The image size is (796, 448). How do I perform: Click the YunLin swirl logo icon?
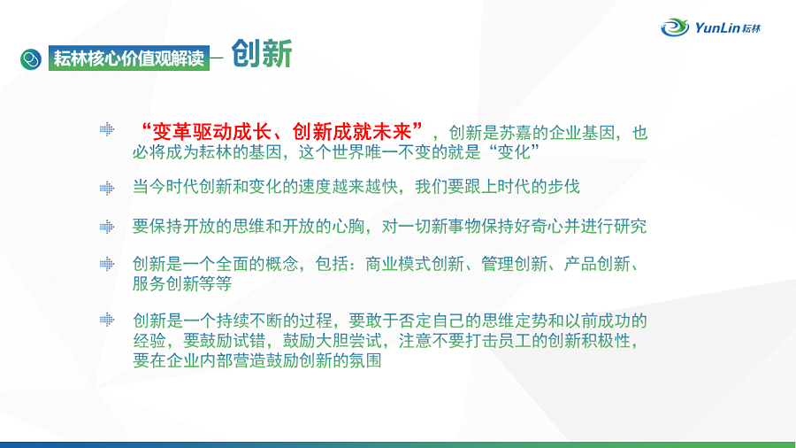click(675, 27)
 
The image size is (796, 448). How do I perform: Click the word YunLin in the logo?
click(716, 27)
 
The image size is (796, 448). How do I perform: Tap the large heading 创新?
click(262, 53)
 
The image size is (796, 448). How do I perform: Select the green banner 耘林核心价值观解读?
click(129, 58)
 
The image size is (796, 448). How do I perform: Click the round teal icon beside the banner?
click(31, 59)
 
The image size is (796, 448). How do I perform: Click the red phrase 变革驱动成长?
click(211, 132)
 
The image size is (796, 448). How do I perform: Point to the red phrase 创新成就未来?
click(352, 132)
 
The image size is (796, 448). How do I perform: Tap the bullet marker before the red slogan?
click(107, 129)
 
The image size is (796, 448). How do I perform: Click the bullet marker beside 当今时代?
click(107, 189)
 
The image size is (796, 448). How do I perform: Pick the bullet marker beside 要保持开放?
click(107, 227)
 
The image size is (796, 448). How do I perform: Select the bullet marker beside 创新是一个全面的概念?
click(107, 264)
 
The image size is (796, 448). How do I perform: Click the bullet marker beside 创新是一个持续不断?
click(107, 320)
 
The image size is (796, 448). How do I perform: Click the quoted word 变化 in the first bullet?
click(514, 152)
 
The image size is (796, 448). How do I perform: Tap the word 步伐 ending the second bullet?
click(563, 187)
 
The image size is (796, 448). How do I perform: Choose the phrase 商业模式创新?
click(415, 264)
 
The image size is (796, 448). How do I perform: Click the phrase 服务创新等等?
click(182, 283)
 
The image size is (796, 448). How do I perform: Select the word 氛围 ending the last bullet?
click(365, 360)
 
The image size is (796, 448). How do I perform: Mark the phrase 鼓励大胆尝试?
click(332, 340)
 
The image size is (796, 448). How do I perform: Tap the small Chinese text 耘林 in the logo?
click(751, 28)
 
